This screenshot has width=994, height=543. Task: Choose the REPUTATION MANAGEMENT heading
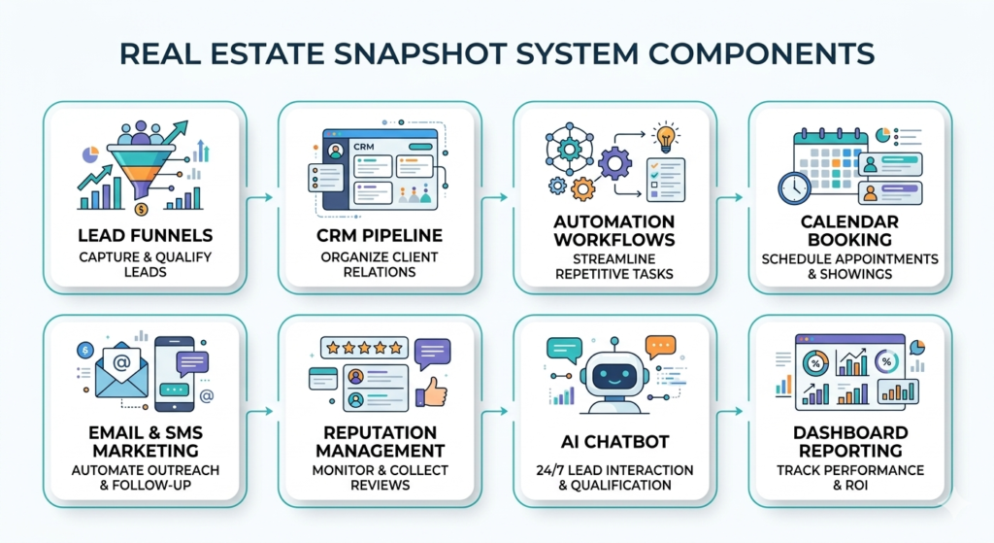pyautogui.click(x=381, y=441)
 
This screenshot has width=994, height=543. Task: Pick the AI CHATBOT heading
pyautogui.click(x=613, y=442)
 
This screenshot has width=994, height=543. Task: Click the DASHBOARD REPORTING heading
pyautogui.click(x=849, y=441)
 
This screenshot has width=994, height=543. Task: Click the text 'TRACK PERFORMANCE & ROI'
pyautogui.click(x=849, y=478)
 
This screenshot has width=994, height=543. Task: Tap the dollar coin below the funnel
pyautogui.click(x=142, y=209)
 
